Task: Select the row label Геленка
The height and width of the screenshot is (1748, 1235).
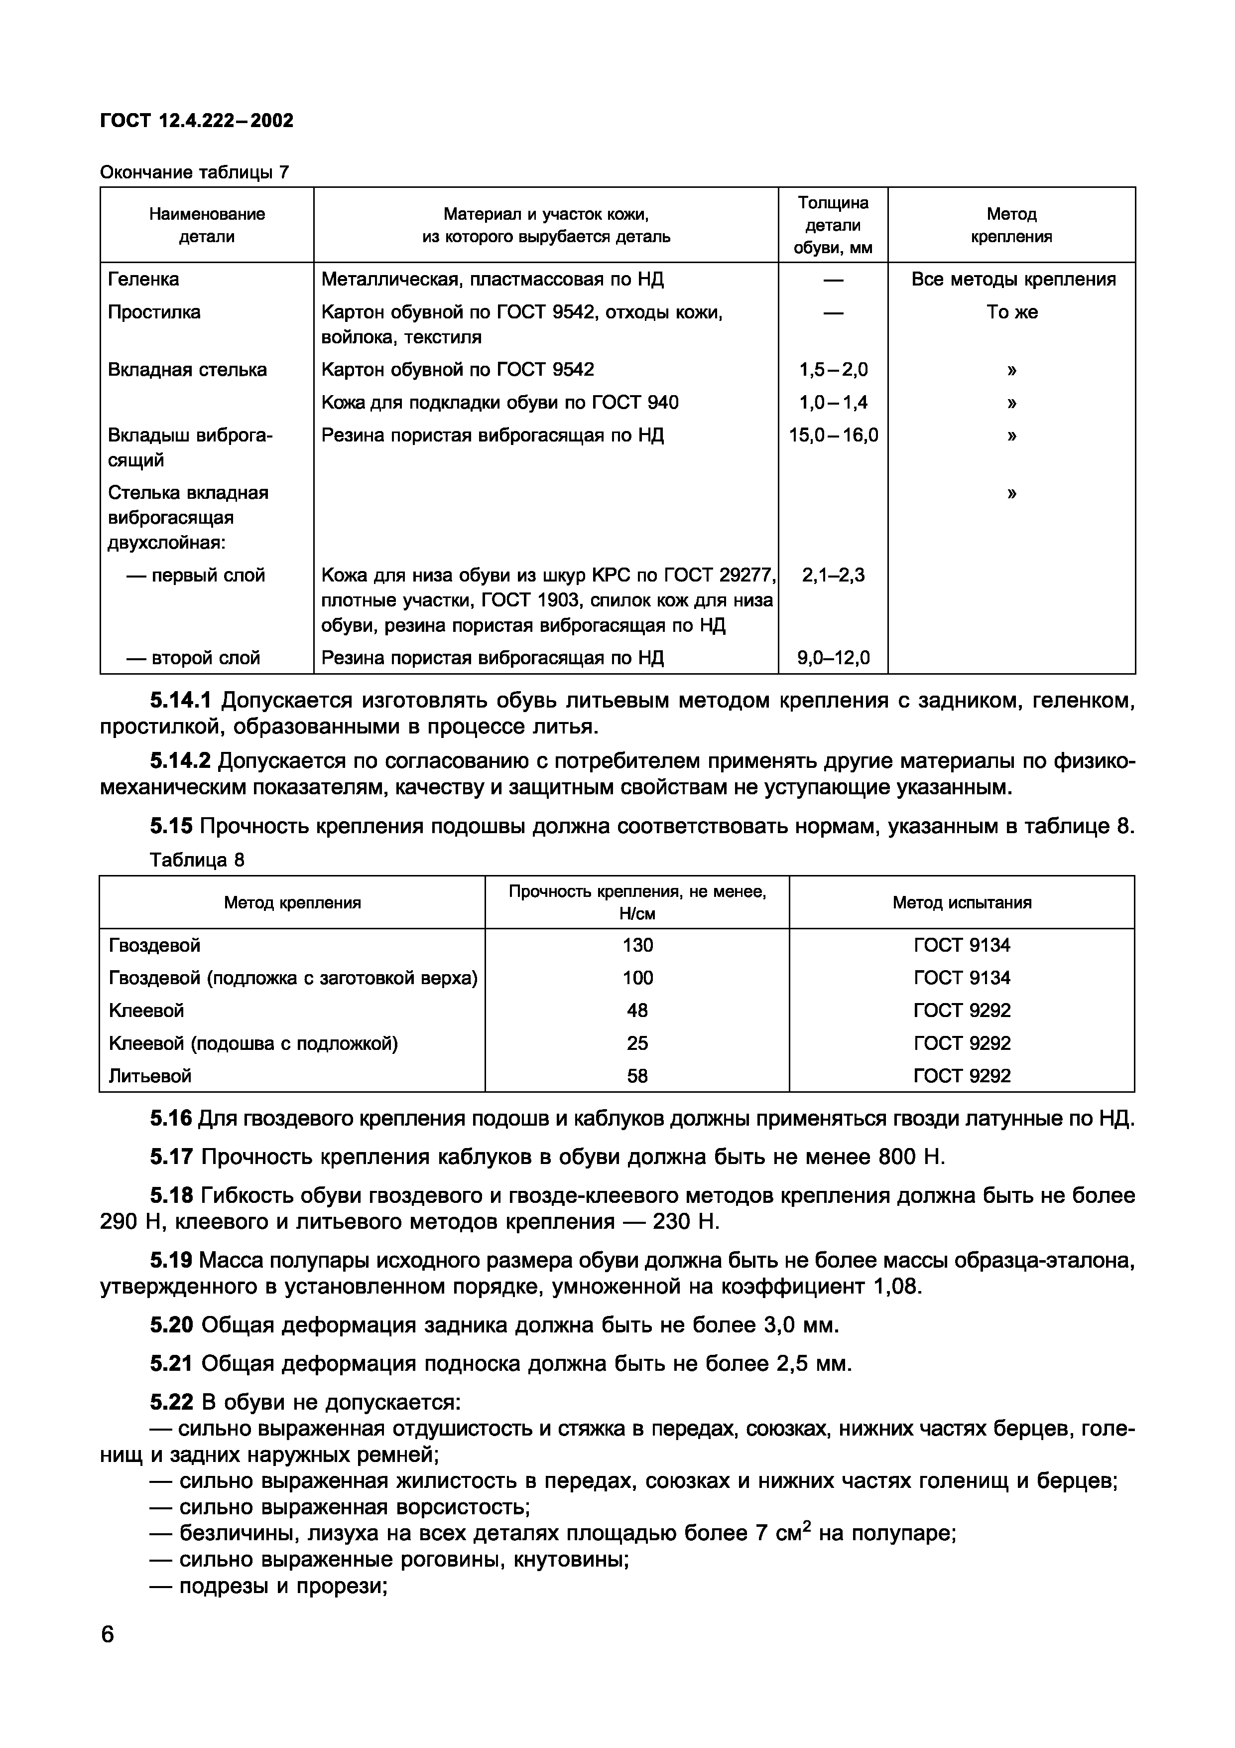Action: pyautogui.click(x=144, y=280)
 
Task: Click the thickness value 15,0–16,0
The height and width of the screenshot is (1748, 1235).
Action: pyautogui.click(x=833, y=436)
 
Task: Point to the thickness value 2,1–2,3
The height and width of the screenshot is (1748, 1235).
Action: pyautogui.click(x=833, y=576)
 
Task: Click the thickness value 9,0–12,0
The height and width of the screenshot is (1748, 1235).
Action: pyautogui.click(x=833, y=658)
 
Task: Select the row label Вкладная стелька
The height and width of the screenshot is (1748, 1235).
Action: pyautogui.click(x=187, y=370)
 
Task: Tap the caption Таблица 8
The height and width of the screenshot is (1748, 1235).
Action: pyautogui.click(x=197, y=860)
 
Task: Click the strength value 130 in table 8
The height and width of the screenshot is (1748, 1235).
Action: pyautogui.click(x=637, y=946)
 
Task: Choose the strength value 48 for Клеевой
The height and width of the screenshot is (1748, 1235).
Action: pyautogui.click(x=637, y=1011)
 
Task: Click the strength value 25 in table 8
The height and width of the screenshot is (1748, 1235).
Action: pyautogui.click(x=637, y=1044)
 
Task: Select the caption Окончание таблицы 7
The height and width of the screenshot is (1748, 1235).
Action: pyautogui.click(x=195, y=173)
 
